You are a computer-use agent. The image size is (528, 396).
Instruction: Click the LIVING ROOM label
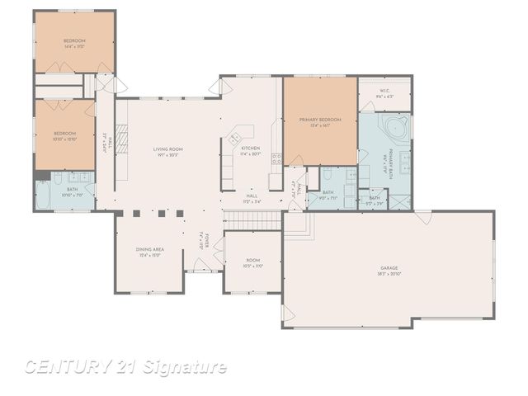coord(167,149)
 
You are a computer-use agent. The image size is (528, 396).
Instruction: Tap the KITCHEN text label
coord(250,148)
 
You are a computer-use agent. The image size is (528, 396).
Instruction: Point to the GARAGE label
coord(389,268)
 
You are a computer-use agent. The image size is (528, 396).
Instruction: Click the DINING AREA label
coord(149,249)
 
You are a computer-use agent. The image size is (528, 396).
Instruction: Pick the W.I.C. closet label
coord(384,91)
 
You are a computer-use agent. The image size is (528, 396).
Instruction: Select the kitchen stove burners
coord(276,158)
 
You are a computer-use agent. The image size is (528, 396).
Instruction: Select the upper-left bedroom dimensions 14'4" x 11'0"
coord(74,47)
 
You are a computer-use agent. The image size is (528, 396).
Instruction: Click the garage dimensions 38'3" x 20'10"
coord(389,274)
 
